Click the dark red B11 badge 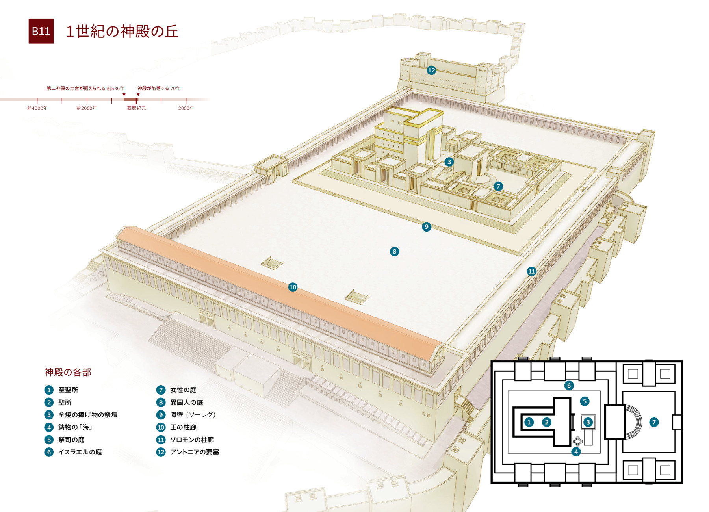tap(41, 31)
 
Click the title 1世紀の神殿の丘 tap(122, 32)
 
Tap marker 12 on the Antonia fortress tap(431, 70)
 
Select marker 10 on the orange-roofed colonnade tap(293, 287)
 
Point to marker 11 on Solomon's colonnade tap(531, 271)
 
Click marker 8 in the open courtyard tap(394, 251)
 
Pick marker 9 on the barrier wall tap(426, 226)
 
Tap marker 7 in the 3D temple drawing tap(498, 186)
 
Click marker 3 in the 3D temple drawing tap(449, 162)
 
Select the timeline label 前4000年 tap(37, 108)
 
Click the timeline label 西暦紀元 tap(136, 108)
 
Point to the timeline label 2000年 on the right tap(186, 108)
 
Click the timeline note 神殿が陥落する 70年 tap(159, 88)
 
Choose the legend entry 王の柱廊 tap(183, 427)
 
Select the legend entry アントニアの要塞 tap(194, 452)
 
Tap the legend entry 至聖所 tap(68, 390)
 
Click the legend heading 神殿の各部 tap(68, 372)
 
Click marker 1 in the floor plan tap(529, 422)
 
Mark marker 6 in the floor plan tap(568, 385)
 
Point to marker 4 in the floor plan tap(576, 451)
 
